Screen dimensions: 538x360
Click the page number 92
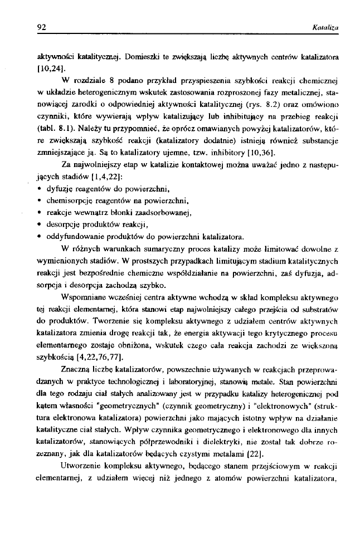pyautogui.click(x=41, y=26)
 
